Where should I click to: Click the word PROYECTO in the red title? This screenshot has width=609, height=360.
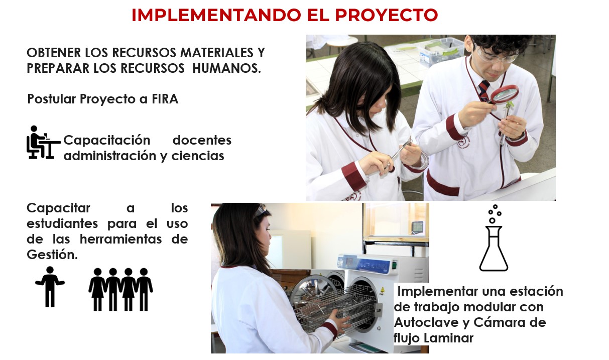[x=386, y=15]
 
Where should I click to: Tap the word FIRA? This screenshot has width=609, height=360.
[x=165, y=99]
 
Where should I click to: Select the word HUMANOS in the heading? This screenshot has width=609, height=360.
[x=226, y=68]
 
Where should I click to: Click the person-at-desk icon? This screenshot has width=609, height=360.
[x=44, y=142]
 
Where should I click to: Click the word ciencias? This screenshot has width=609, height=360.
[x=198, y=156]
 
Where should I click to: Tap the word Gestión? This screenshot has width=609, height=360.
[x=52, y=255]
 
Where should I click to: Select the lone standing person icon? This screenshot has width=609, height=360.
[x=50, y=287]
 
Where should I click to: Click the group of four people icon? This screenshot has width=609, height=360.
[x=120, y=289]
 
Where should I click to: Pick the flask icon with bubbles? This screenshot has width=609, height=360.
[x=494, y=238]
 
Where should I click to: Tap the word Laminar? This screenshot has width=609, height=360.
[x=448, y=338]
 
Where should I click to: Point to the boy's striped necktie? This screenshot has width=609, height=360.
[x=484, y=90]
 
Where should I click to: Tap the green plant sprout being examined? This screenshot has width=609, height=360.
[x=509, y=106]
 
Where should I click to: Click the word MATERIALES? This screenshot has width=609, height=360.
[x=217, y=53]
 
